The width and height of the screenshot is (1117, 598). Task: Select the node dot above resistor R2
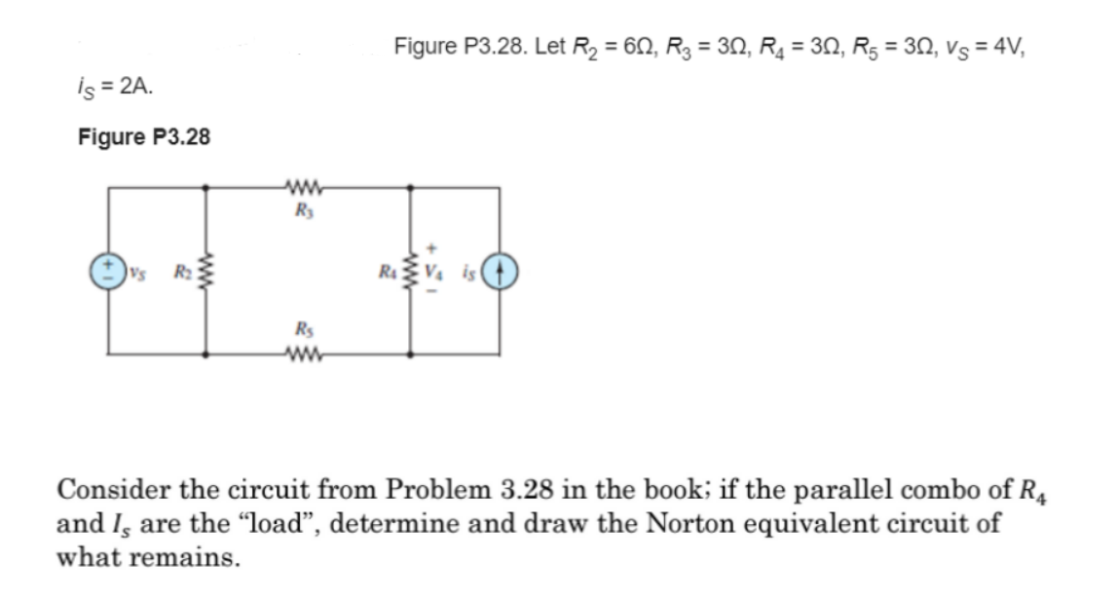(205, 188)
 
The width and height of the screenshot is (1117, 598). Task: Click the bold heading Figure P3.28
(143, 137)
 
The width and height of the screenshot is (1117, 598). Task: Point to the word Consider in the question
(110, 487)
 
